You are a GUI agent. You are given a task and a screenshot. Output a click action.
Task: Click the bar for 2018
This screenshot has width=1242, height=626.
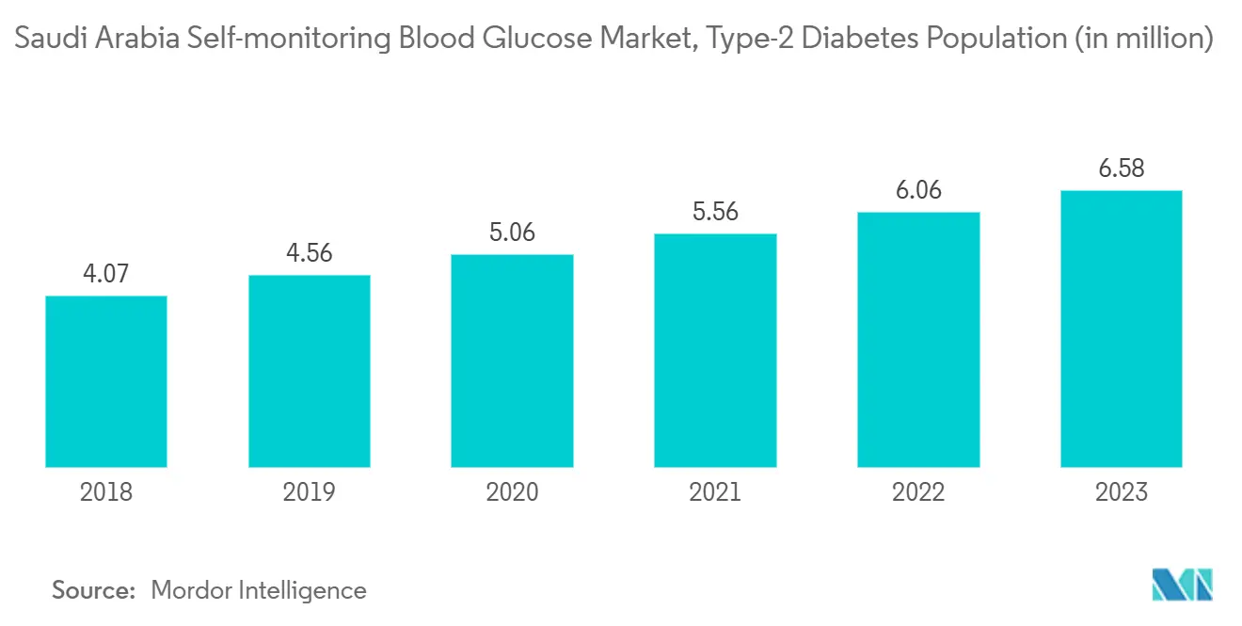coord(106,381)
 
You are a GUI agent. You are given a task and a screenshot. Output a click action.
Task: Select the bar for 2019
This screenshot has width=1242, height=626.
coord(310,371)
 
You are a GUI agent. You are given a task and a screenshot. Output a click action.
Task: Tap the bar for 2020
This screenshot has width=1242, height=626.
coord(512,361)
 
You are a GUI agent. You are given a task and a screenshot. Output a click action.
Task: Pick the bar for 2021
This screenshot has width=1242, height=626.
coord(715,350)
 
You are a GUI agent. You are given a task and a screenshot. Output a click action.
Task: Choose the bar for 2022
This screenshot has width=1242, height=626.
coord(918,340)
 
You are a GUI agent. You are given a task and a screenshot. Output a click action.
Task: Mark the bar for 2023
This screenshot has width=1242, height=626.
coord(1121,329)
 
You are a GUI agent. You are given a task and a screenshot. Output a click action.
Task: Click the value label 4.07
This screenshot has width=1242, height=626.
coord(106,274)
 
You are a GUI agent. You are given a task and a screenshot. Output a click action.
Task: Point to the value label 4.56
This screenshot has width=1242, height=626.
coord(310,253)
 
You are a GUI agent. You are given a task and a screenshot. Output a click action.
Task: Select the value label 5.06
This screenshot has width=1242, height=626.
coord(512,233)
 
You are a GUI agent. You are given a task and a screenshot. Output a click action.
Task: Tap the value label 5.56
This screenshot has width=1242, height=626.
coord(715,212)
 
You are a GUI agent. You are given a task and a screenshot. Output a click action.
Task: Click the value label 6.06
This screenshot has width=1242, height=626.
coord(918,190)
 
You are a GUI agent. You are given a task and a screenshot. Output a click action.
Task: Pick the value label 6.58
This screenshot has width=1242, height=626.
coord(1121,169)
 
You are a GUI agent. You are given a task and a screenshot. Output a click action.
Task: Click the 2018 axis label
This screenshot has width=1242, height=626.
coord(106,491)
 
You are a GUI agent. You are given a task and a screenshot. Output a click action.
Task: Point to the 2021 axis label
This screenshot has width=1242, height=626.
coord(715,491)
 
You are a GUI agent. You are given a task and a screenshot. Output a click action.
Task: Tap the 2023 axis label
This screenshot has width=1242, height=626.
coord(1121,491)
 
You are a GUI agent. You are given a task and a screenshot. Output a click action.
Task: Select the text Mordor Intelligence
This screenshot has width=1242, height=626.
coord(259,590)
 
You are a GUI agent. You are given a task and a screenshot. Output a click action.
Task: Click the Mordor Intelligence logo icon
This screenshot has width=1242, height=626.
coord(1183,585)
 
